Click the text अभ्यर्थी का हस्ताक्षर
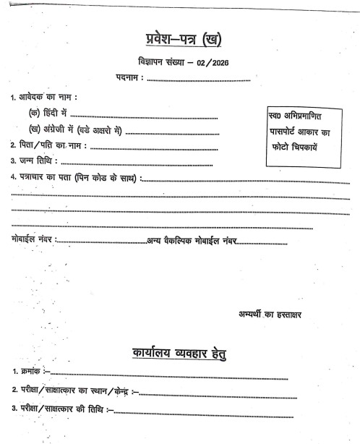[x=270, y=314]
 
